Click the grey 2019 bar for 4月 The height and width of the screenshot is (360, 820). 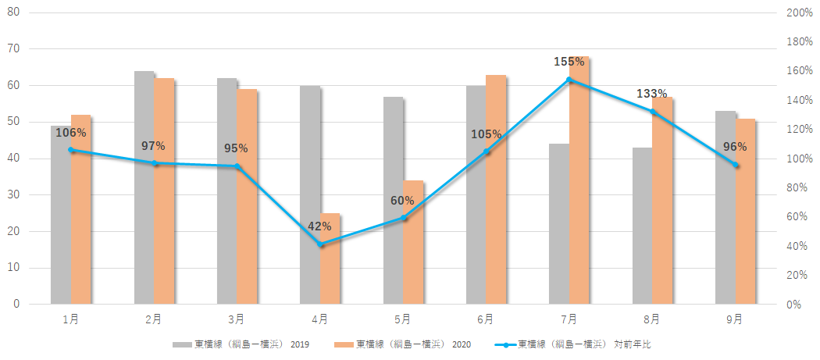coord(310,194)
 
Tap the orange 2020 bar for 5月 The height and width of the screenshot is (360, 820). coord(413,242)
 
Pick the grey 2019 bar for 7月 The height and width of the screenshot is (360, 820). coord(559,223)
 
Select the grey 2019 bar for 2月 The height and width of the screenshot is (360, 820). coord(144,187)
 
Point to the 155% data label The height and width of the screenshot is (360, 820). coord(569,62)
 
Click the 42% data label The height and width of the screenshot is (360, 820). coord(320,226)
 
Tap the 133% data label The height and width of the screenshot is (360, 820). coord(652,94)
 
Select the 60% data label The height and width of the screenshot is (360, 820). coord(403,201)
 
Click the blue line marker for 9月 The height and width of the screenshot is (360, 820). coord(736,165)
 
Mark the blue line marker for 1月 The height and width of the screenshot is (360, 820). coord(71,150)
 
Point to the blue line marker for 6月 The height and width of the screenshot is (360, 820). coord(487,151)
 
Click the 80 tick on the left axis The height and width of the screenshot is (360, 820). coord(13,13)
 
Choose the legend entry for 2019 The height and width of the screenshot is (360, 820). coord(241,344)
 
